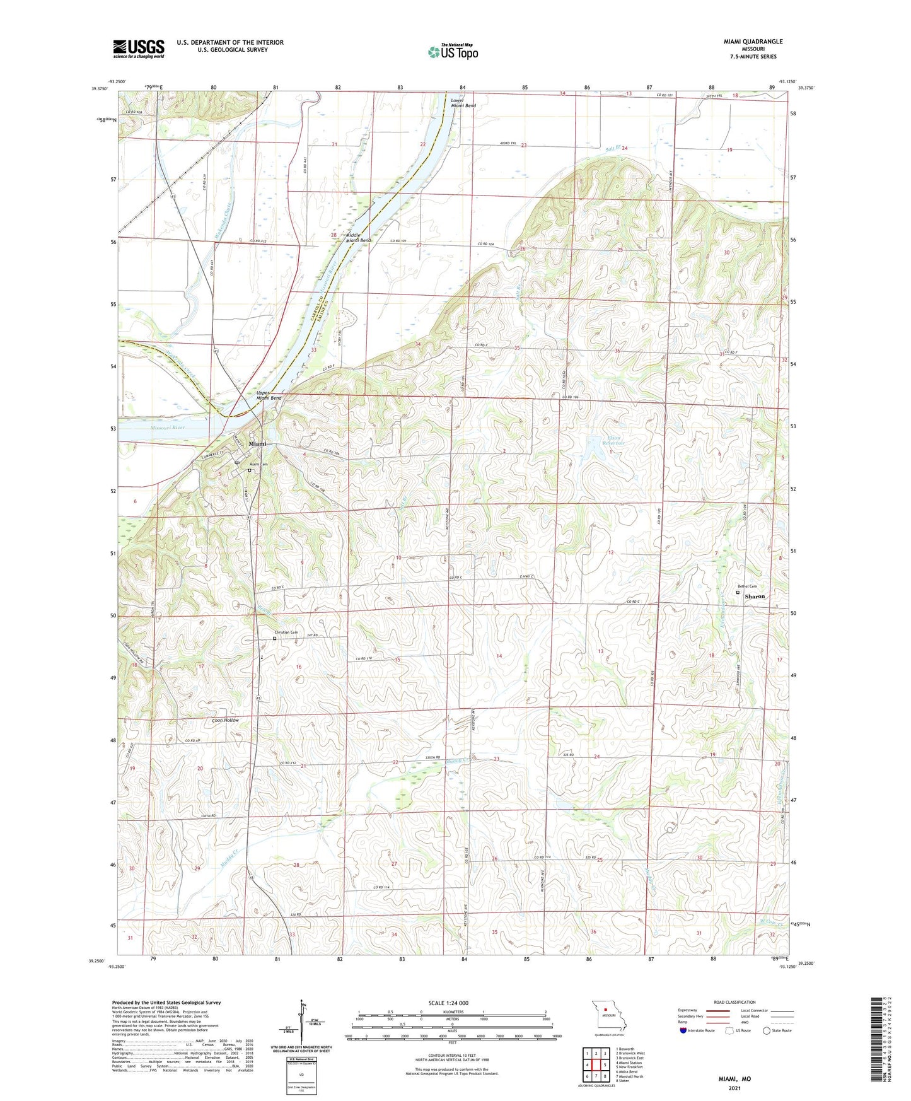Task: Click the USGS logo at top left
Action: pyautogui.click(x=139, y=49)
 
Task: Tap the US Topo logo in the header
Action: pyautogui.click(x=453, y=51)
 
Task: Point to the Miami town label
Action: pyautogui.click(x=257, y=444)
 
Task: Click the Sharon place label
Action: pyautogui.click(x=755, y=596)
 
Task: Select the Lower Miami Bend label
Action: pyautogui.click(x=463, y=103)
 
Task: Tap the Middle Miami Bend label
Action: pyautogui.click(x=357, y=238)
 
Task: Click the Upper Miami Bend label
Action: pyautogui.click(x=269, y=395)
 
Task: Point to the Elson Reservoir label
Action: pyautogui.click(x=613, y=441)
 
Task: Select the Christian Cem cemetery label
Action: pyautogui.click(x=286, y=632)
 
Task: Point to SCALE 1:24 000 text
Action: pyautogui.click(x=448, y=1003)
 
